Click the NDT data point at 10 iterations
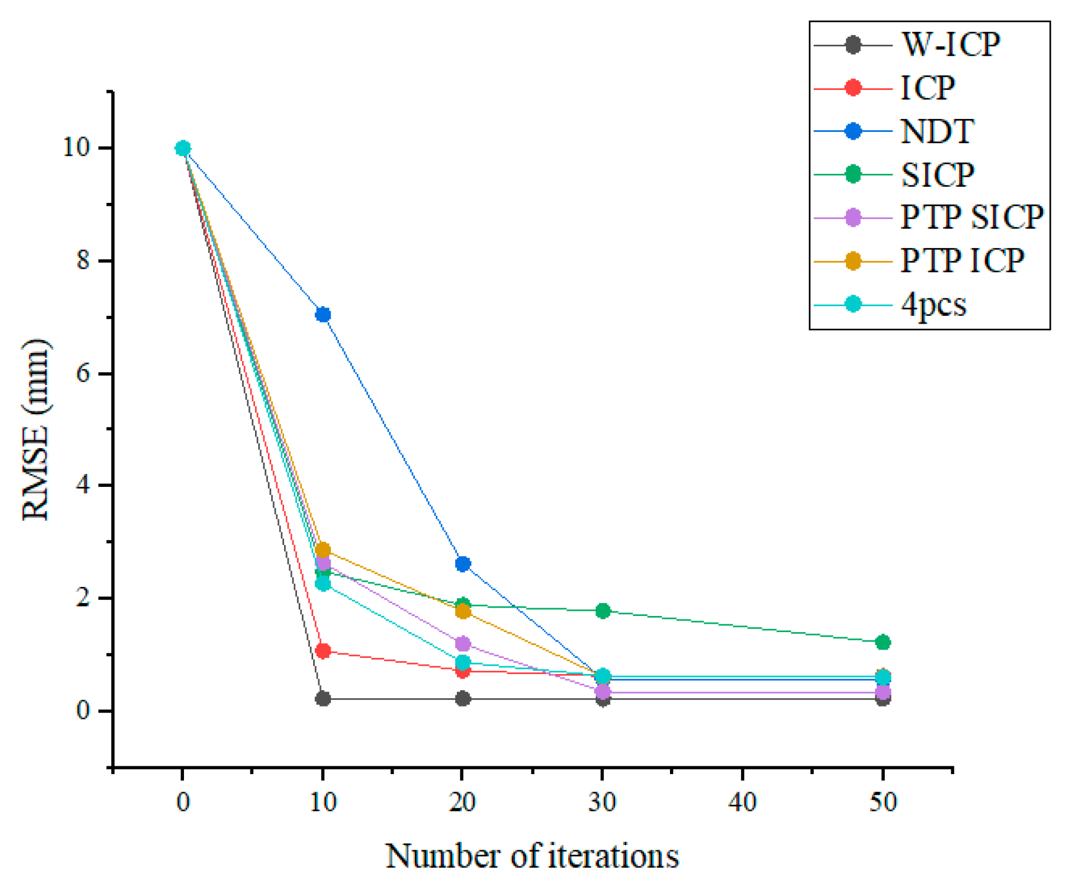pyautogui.click(x=323, y=315)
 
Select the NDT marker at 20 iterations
pyautogui.click(x=462, y=563)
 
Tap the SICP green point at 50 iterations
pyautogui.click(x=882, y=642)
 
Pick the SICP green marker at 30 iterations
pyautogui.click(x=602, y=610)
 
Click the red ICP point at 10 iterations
pyautogui.click(x=323, y=651)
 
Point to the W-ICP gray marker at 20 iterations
pyautogui.click(x=462, y=698)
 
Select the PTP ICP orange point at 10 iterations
pyautogui.click(x=323, y=549)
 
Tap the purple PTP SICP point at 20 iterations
pyautogui.click(x=462, y=643)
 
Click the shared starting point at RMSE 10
pyautogui.click(x=183, y=148)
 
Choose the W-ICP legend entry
pyautogui.click(x=950, y=44)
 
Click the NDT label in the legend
pyautogui.click(x=937, y=131)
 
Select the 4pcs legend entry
pyautogui.click(x=933, y=305)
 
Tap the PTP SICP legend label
pyautogui.click(x=971, y=217)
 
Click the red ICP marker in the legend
pyautogui.click(x=852, y=88)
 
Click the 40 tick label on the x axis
pyautogui.click(x=742, y=802)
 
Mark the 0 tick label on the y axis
pyautogui.click(x=83, y=710)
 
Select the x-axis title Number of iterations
pyautogui.click(x=532, y=855)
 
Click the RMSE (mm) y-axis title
pyautogui.click(x=36, y=429)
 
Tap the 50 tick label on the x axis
pyautogui.click(x=882, y=802)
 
